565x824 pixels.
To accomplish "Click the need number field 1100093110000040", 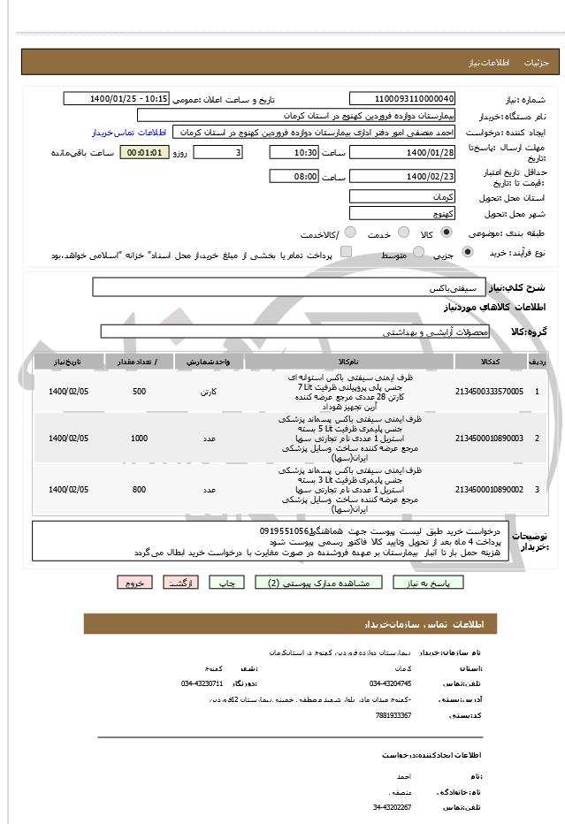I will click(x=402, y=99).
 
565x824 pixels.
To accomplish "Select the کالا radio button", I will click(x=445, y=233).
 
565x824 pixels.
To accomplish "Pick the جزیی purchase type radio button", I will click(x=468, y=253).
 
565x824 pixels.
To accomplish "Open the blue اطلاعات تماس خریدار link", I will click(x=129, y=132).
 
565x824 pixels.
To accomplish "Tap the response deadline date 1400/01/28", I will click(x=402, y=152).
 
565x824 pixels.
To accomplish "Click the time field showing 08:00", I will click(x=294, y=177).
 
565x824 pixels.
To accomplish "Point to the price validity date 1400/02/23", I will click(x=402, y=177).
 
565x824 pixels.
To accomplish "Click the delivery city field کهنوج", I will click(x=402, y=213).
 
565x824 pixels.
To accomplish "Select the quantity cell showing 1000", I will click(x=139, y=439).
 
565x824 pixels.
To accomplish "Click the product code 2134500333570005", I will click(x=489, y=391).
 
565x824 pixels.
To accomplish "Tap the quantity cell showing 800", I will click(x=139, y=489).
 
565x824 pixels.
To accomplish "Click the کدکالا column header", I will click(x=489, y=362).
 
